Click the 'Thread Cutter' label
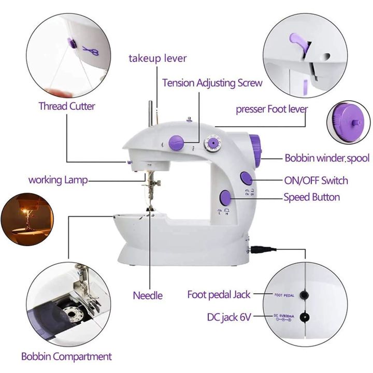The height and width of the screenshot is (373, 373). pos(67,106)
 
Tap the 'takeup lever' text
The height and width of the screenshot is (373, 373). pos(157,58)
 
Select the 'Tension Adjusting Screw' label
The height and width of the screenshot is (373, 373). pos(212,83)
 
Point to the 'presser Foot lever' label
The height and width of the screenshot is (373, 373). pos(271,109)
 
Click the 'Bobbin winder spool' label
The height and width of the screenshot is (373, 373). pos(327,158)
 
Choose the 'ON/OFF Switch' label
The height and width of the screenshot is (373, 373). pos(315,180)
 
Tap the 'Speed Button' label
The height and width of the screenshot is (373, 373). pos(311,197)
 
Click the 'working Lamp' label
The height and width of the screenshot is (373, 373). pos(58,180)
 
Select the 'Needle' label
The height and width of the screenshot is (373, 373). pos(148,295)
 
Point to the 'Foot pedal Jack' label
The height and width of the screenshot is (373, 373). pos(219,295)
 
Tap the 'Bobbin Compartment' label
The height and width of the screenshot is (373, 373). pos(66,356)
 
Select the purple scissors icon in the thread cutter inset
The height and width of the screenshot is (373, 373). pos(87,50)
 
